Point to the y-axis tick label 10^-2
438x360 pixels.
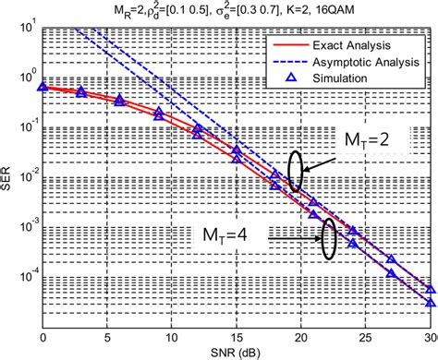click(28, 176)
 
